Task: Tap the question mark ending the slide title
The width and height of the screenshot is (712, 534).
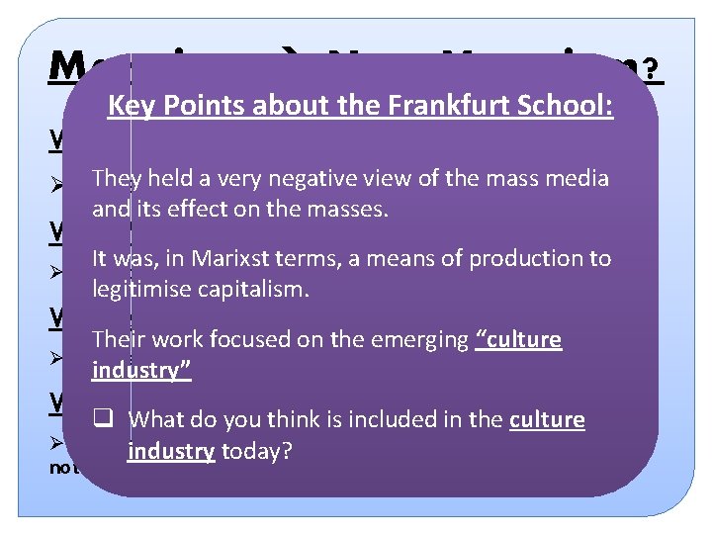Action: tap(654, 69)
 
